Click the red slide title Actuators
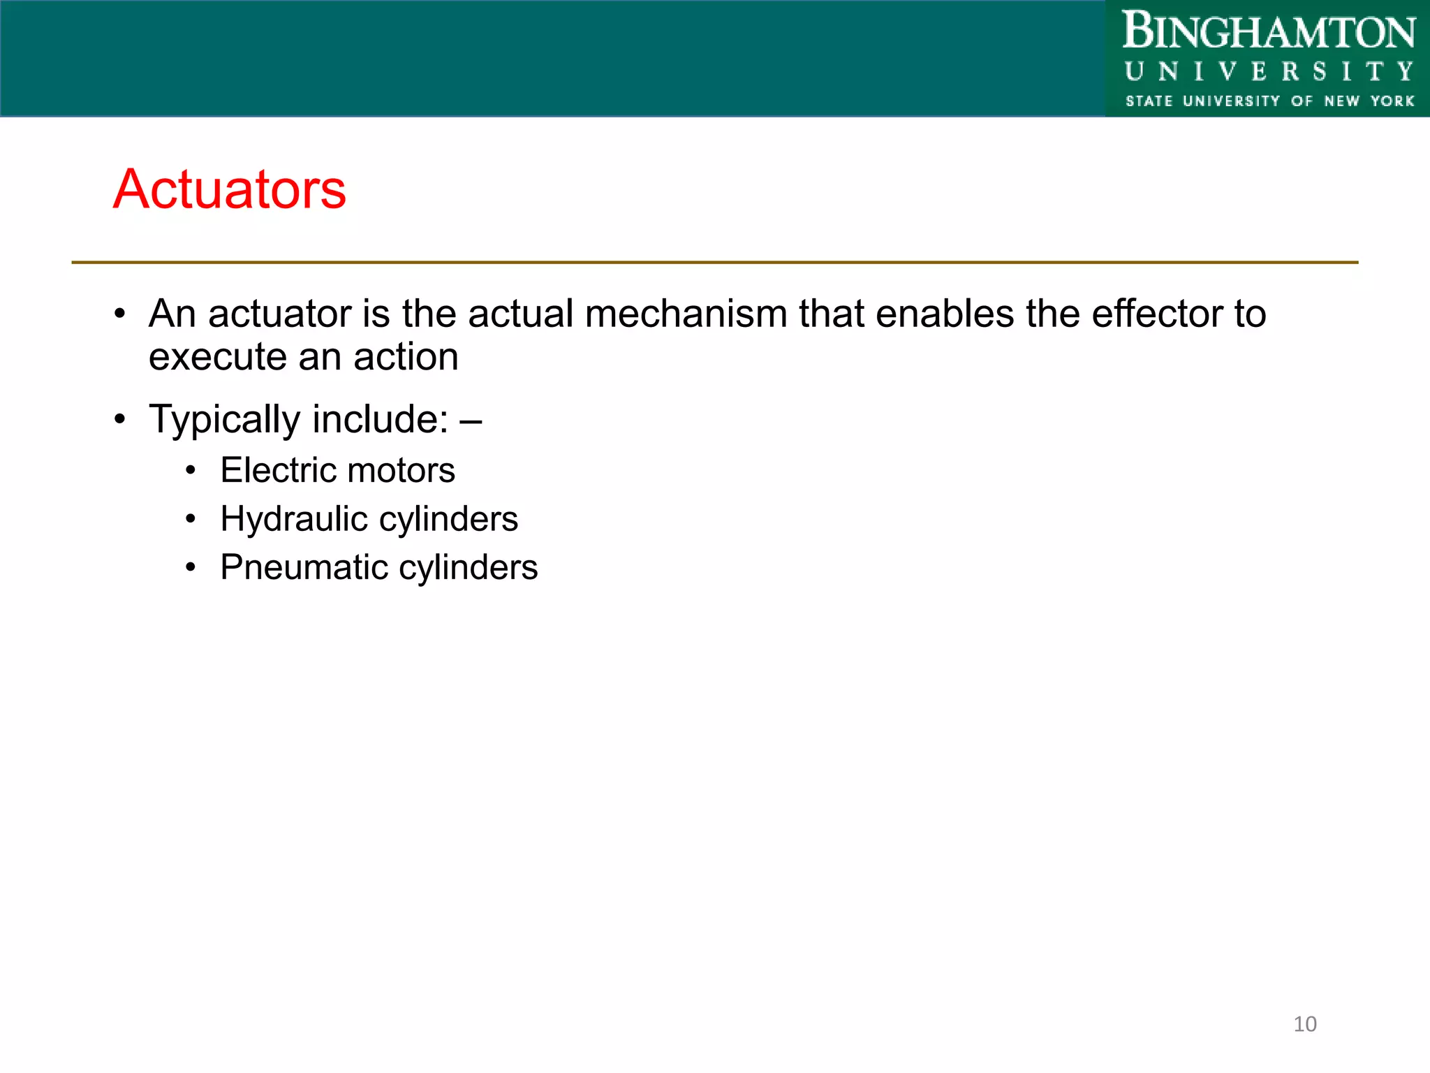tap(230, 189)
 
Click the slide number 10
tap(1304, 1024)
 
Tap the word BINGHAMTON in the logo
tap(1268, 32)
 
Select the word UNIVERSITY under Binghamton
tap(1268, 72)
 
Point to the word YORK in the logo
tap(1392, 101)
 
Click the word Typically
tap(224, 420)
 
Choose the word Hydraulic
tap(294, 519)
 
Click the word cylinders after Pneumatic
tap(469, 567)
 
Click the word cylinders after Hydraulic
tap(449, 519)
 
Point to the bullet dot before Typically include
tap(120, 420)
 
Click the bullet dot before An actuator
tap(120, 314)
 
